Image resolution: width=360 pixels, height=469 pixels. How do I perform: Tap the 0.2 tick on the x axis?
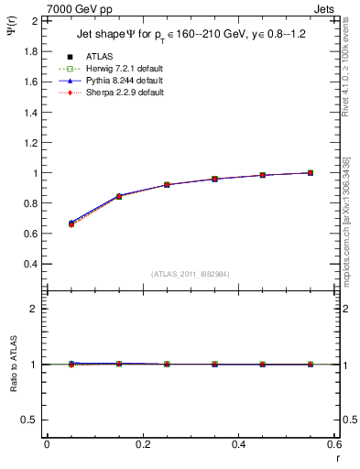[x=143, y=444]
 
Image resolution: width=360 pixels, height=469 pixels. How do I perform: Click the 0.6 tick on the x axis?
[x=334, y=444]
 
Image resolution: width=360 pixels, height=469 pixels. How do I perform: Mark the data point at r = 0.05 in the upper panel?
[x=71, y=224]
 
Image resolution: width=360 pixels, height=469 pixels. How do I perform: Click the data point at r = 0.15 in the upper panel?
[x=119, y=196]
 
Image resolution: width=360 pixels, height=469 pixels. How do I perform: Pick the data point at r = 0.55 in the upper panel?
[x=311, y=172]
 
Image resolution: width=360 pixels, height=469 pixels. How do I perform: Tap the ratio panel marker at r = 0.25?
[x=167, y=364]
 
